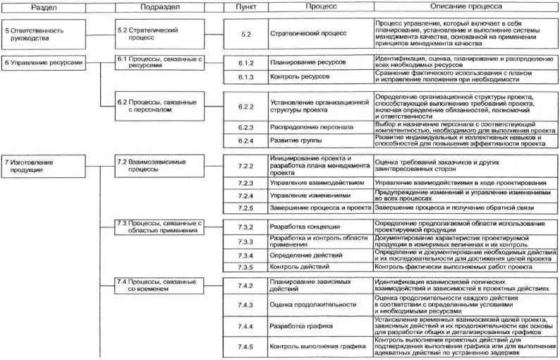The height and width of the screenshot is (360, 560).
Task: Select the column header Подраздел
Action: click(159, 6)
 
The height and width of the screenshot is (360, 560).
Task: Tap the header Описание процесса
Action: click(466, 6)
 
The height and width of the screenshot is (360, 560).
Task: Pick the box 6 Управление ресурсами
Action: click(46, 63)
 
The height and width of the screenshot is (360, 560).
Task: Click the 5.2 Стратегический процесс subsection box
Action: click(159, 35)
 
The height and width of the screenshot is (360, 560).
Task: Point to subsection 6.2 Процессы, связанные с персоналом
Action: click(159, 105)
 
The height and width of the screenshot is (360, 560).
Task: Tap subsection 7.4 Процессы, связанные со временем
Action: click(159, 286)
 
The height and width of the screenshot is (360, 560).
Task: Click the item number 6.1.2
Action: click(245, 63)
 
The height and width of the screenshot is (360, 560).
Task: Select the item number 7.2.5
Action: click(245, 208)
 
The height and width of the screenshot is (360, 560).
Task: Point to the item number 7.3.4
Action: click(245, 256)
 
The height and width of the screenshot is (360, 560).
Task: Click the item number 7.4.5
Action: click(245, 347)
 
